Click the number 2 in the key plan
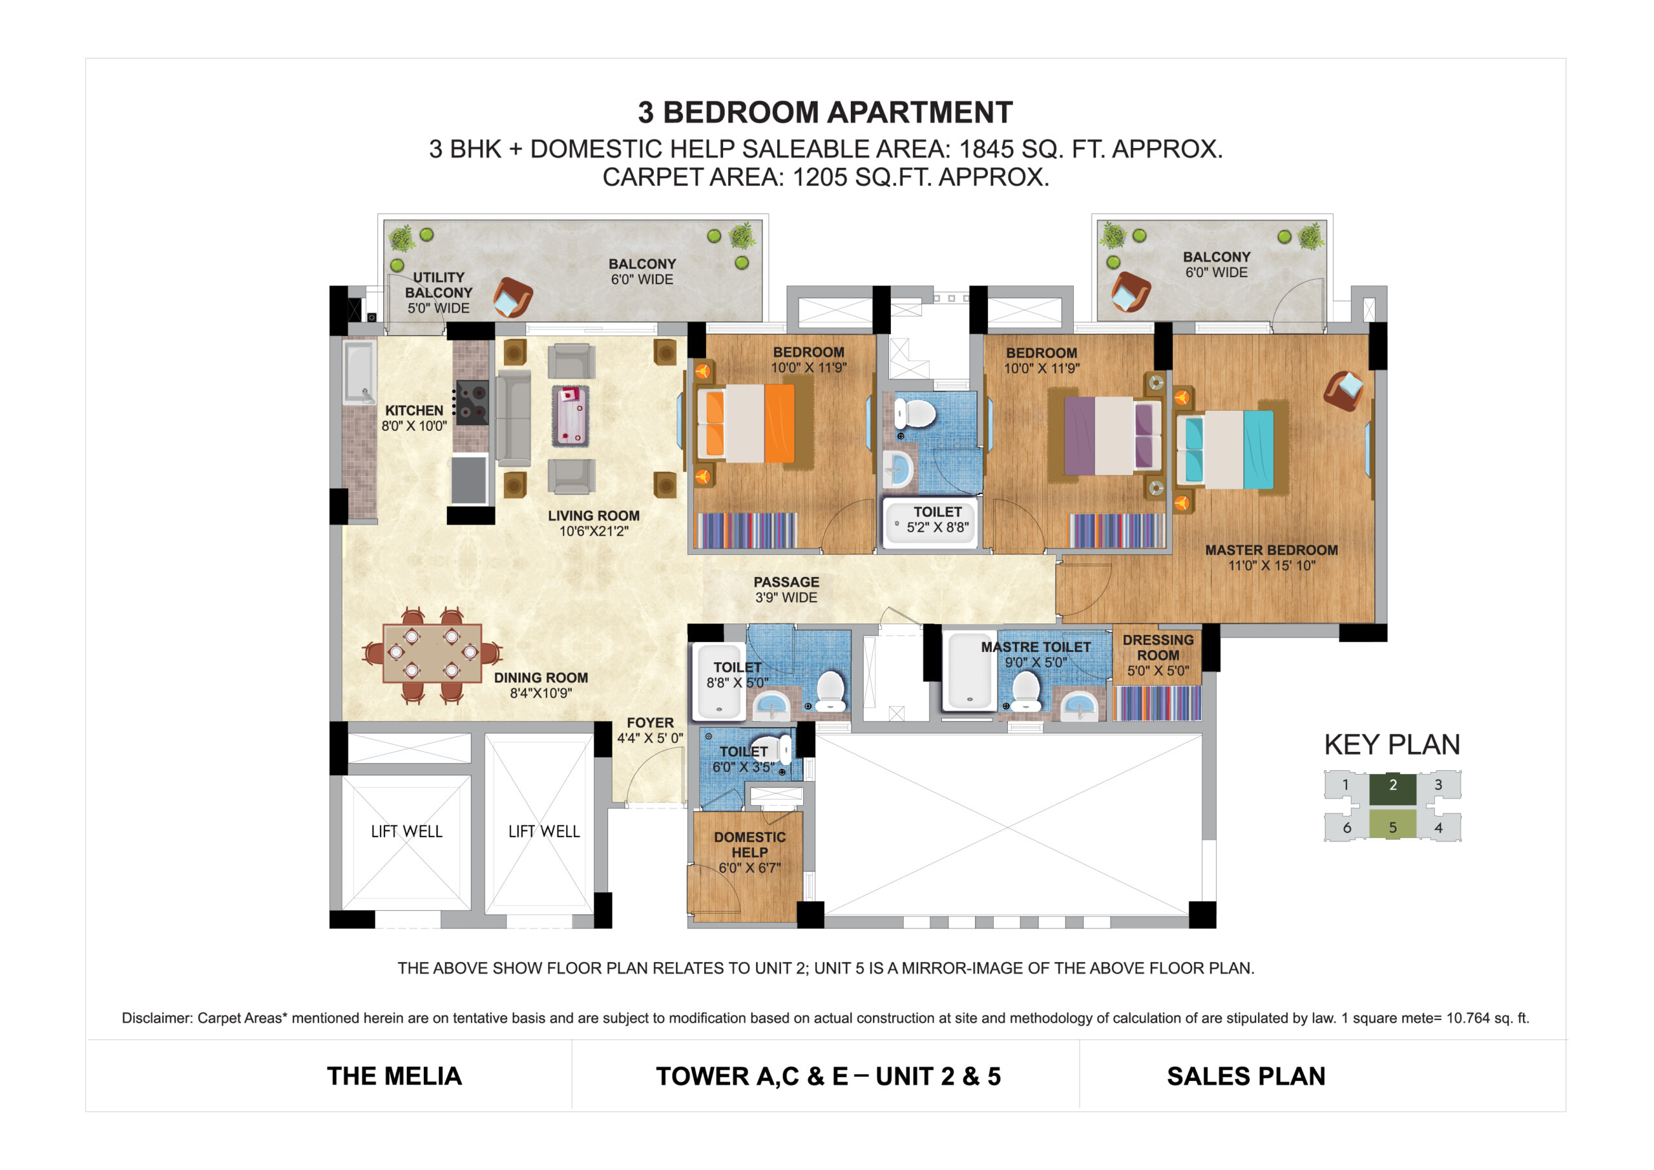click(1392, 786)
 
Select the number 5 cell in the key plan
click(1392, 827)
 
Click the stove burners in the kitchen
click(472, 402)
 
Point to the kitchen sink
click(359, 373)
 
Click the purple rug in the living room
click(571, 415)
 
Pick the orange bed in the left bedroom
click(746, 423)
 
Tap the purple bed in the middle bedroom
click(1111, 435)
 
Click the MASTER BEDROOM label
click(1272, 550)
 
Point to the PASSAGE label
click(786, 582)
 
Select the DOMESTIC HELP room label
click(749, 844)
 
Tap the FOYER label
click(650, 722)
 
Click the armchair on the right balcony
click(1129, 292)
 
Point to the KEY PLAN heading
click(1392, 745)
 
